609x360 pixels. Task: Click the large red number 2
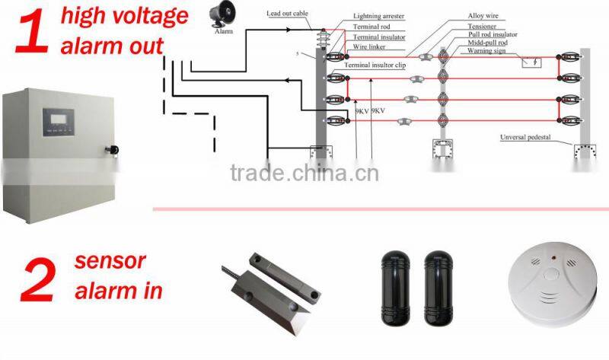click(x=36, y=278)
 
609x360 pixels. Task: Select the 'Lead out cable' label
click(x=288, y=14)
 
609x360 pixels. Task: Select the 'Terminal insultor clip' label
click(x=375, y=65)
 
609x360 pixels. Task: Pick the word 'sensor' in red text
click(x=110, y=261)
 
